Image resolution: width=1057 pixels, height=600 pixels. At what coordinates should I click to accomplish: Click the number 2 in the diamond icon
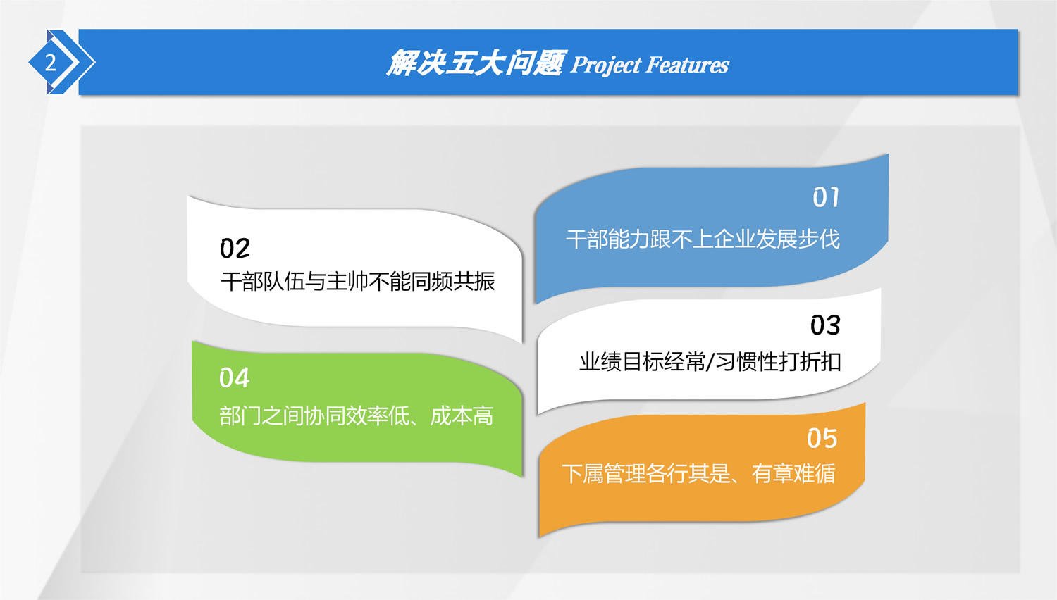tap(51, 63)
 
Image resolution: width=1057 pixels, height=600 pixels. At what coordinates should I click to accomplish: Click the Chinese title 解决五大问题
tap(476, 63)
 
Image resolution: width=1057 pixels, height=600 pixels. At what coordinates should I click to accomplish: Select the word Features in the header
tap(687, 65)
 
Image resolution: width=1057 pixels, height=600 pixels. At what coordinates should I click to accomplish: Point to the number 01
tap(826, 197)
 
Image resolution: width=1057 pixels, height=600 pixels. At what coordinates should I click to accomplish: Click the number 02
tap(235, 248)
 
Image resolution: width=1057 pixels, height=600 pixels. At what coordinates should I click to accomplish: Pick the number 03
tap(825, 325)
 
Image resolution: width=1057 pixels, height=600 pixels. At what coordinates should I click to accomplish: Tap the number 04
tap(234, 378)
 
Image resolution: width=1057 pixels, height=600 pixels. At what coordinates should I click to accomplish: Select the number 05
tap(822, 438)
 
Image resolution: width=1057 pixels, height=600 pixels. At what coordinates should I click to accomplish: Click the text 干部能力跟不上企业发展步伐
tap(703, 239)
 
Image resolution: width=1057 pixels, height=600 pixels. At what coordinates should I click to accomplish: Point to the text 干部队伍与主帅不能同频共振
tap(358, 282)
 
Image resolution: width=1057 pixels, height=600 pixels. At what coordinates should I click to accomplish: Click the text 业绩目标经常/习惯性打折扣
tap(710, 362)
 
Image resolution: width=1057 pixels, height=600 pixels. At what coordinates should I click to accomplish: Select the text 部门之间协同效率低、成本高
tap(357, 416)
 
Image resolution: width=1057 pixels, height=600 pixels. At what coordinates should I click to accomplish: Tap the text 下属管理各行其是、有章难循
tap(698, 473)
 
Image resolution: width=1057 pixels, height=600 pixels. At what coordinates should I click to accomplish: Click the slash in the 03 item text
tap(710, 362)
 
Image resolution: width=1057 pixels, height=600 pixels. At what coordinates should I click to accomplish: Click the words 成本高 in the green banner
tap(462, 416)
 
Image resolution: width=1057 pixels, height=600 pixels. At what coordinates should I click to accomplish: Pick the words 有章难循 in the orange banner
tap(793, 473)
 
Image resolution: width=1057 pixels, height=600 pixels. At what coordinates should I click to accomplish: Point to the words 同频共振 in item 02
tap(453, 282)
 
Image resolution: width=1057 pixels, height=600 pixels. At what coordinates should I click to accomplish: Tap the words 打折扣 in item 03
tap(810, 362)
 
